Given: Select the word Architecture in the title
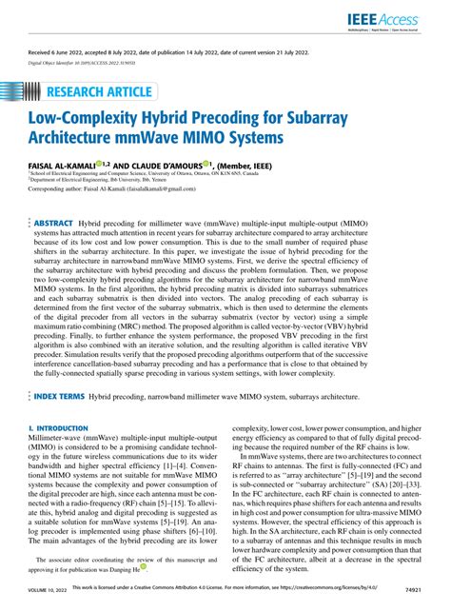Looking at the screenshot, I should point(79,139).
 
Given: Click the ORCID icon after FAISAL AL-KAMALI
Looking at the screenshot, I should point(99,164).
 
